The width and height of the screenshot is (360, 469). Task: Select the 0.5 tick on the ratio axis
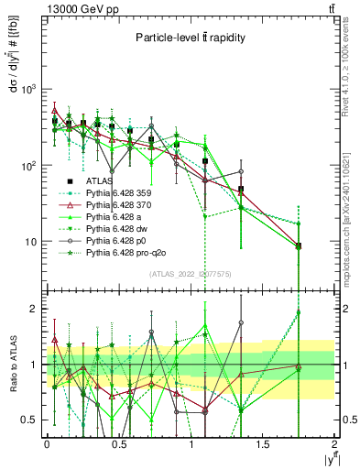[x=31, y=420]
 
